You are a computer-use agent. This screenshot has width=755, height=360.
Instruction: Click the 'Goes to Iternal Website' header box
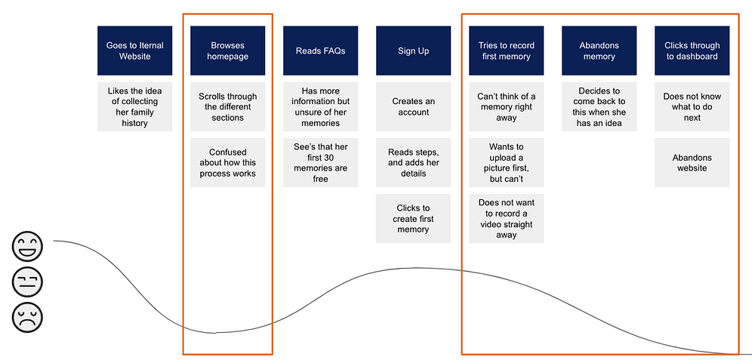pos(135,51)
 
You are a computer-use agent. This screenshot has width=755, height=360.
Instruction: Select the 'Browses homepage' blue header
pos(228,51)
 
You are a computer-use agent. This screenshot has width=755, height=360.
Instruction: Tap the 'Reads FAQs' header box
pos(321,51)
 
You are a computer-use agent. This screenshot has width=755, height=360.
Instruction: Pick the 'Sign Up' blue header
pos(414,51)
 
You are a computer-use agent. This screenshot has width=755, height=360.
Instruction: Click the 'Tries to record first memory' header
pos(507,51)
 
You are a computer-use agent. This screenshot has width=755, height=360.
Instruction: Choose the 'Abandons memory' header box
pos(599,51)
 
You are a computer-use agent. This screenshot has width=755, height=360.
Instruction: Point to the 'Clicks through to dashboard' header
pos(692,51)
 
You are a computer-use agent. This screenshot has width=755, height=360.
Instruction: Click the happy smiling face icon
pos(27,246)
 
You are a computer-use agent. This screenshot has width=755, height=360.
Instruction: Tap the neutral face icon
pos(27,282)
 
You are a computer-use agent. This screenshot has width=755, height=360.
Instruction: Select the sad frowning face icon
pos(27,317)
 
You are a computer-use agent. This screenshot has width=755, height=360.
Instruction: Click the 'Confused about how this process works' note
pos(228,163)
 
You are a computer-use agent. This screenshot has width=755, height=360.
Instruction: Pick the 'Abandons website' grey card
pos(692,163)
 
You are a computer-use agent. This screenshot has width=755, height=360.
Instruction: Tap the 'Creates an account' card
pos(414,107)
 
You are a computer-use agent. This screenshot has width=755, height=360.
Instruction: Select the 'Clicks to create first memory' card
pos(414,219)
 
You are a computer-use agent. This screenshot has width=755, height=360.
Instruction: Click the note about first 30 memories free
pos(321,163)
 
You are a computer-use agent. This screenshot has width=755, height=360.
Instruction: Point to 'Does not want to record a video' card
pos(507,219)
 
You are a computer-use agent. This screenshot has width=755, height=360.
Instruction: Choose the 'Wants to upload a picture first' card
pos(507,163)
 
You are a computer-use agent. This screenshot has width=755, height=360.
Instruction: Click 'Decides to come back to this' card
pos(599,107)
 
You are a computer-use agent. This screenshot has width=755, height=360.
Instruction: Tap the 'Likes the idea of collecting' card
pos(135,107)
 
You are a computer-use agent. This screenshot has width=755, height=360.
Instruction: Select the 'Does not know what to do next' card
pos(692,107)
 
